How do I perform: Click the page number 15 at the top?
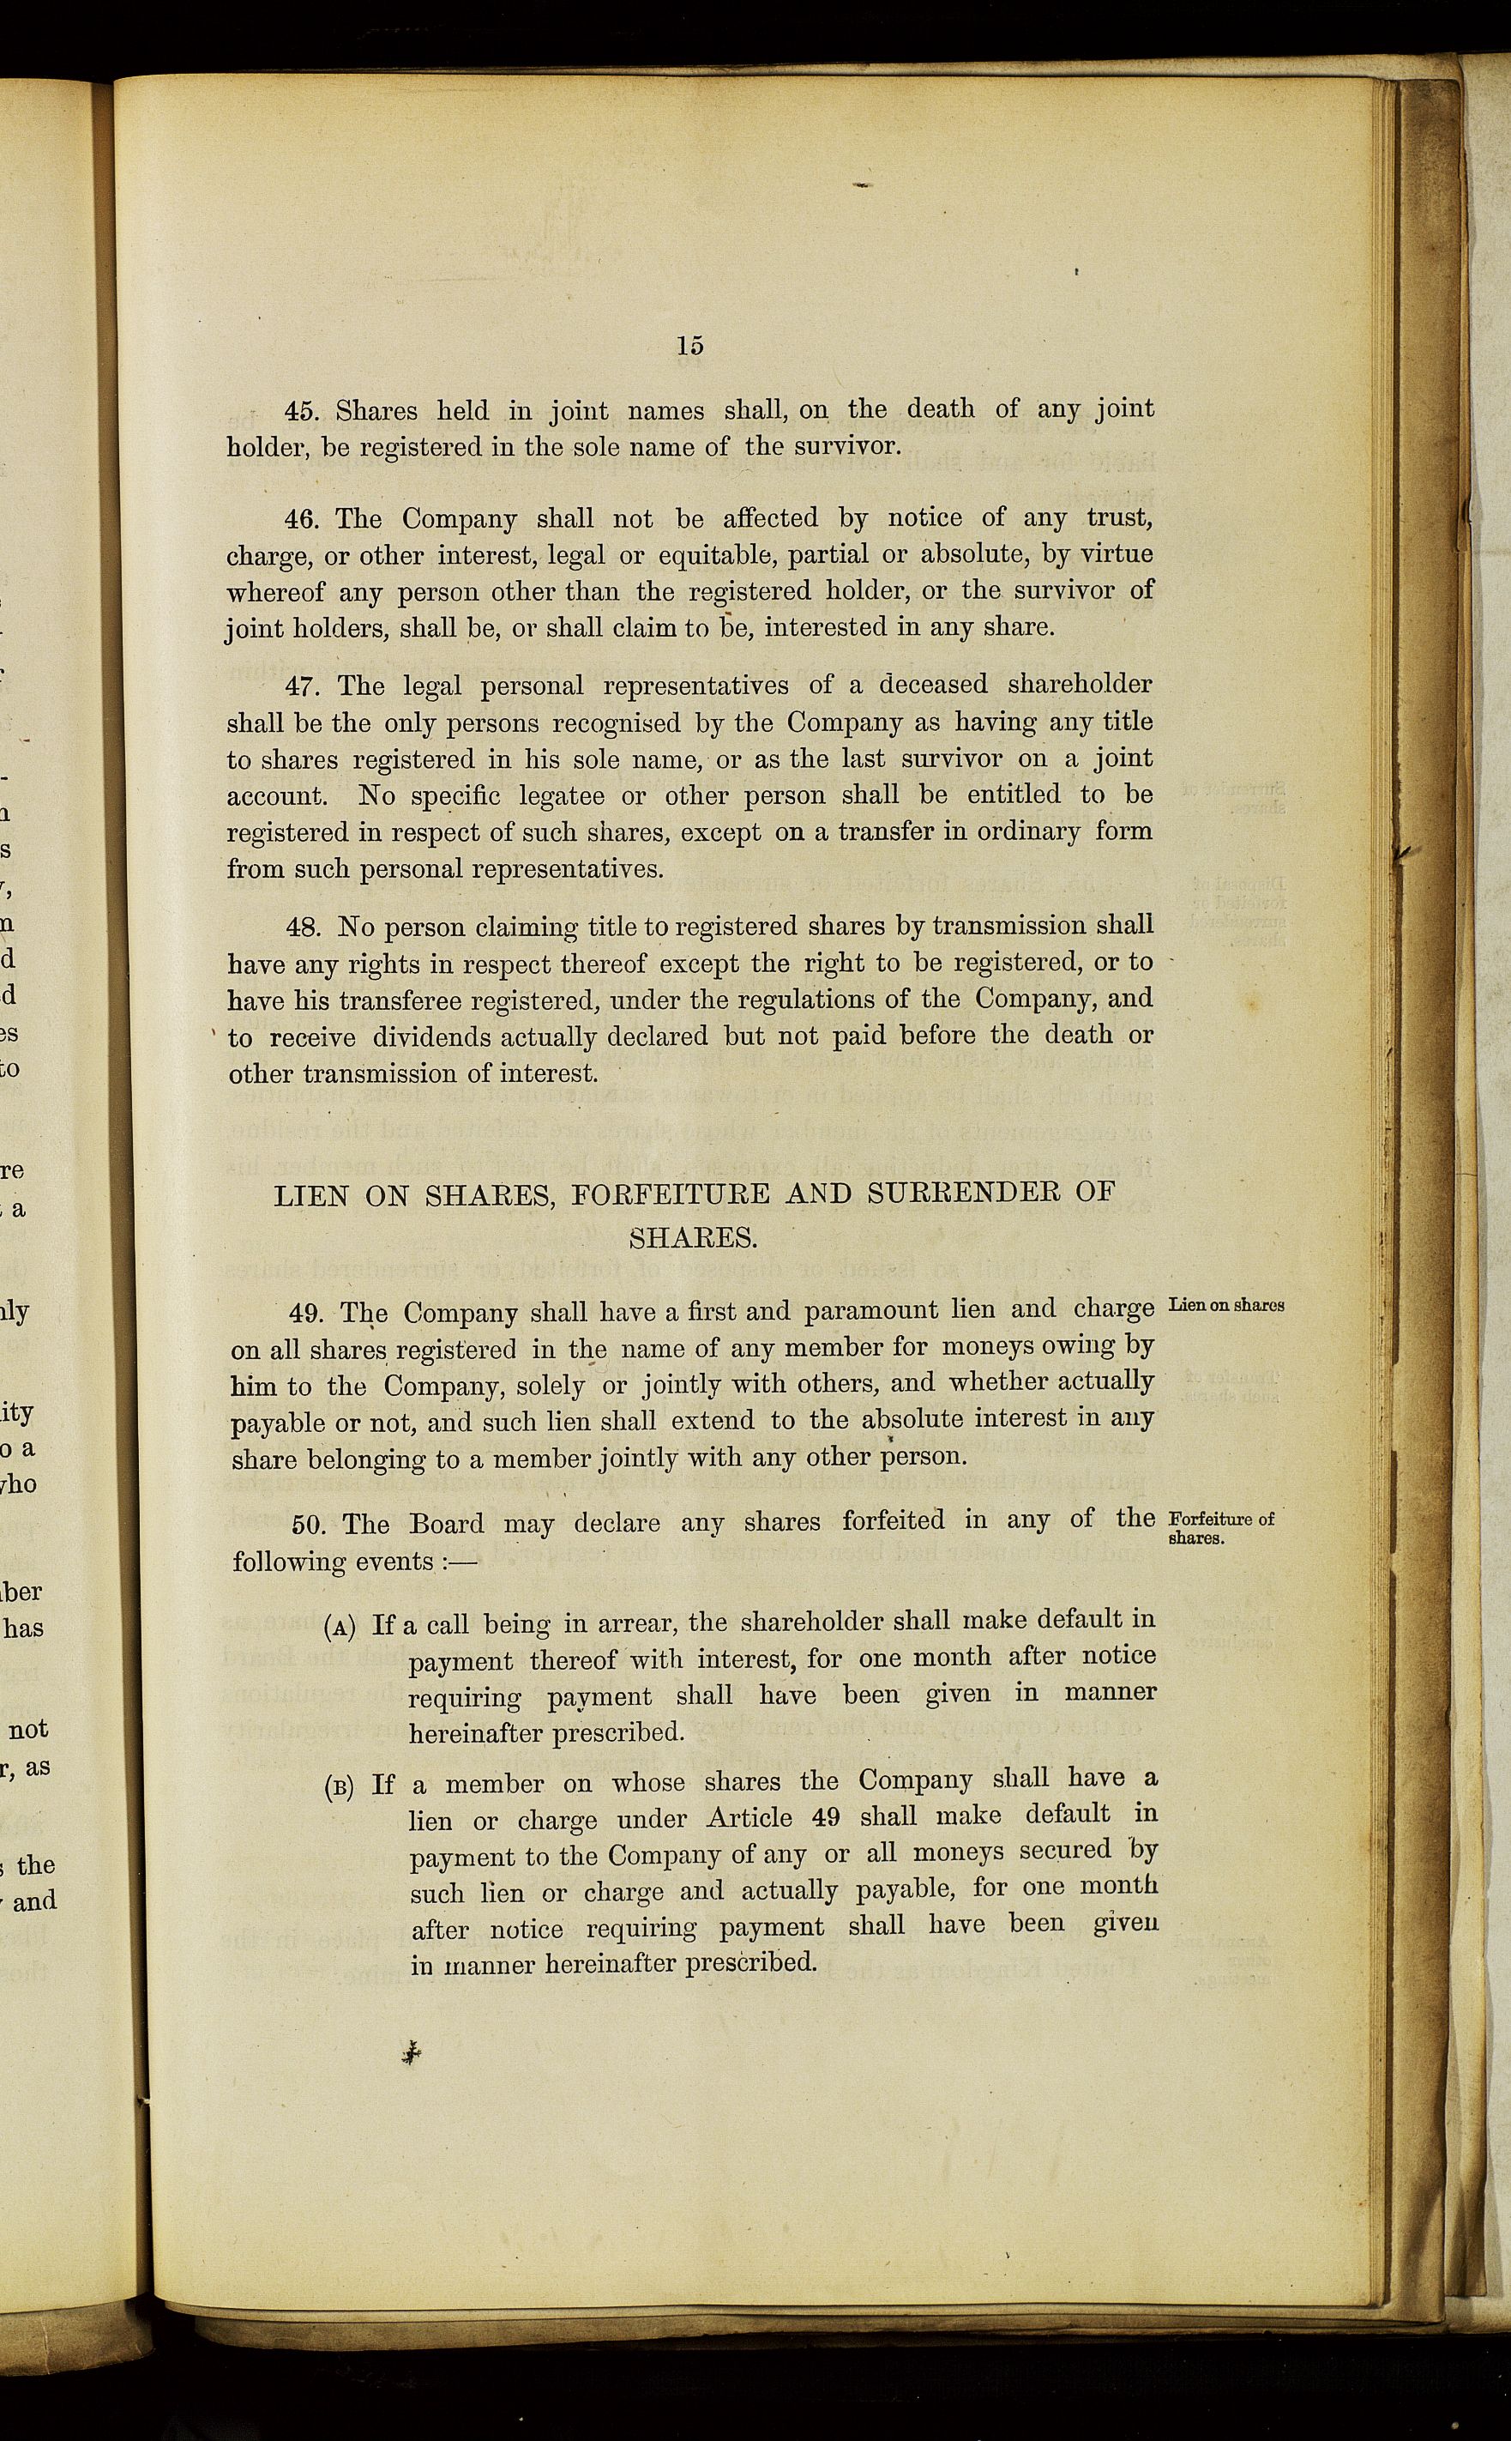click(689, 346)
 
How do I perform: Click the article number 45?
click(301, 412)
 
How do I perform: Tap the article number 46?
click(301, 520)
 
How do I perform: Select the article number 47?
click(302, 686)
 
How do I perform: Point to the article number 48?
click(303, 927)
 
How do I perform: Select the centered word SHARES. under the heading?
click(693, 1238)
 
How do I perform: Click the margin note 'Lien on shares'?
click(1226, 1306)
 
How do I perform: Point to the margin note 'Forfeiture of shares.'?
click(1221, 1528)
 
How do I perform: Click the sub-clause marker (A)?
click(340, 1628)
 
